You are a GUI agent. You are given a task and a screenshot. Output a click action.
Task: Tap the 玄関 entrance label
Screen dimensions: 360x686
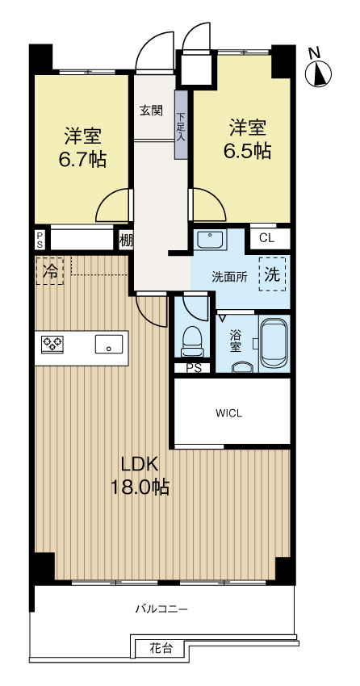click(x=151, y=111)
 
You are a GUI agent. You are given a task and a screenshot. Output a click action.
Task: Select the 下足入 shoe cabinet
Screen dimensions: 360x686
click(x=182, y=124)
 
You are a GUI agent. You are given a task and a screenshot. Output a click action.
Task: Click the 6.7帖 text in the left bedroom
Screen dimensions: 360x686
click(x=82, y=160)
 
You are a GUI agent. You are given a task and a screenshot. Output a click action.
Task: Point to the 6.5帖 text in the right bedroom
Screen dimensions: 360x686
click(x=247, y=151)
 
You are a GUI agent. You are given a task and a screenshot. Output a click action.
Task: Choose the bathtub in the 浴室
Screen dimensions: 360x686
click(x=274, y=342)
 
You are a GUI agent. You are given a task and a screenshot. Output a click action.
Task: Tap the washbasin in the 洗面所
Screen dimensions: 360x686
click(x=211, y=240)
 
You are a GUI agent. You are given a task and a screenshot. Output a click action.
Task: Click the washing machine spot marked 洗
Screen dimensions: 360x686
click(x=272, y=274)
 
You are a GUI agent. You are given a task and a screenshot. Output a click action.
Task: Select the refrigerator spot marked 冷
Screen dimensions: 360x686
click(x=50, y=271)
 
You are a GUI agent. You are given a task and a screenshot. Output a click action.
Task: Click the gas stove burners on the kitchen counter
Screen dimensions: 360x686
click(x=52, y=344)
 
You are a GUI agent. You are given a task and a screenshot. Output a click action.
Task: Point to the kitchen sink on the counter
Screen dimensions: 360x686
click(x=109, y=344)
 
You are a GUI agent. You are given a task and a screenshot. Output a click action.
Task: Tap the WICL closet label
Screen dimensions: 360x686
click(x=228, y=412)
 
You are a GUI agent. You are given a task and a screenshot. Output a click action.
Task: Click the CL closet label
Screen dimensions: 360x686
click(x=266, y=238)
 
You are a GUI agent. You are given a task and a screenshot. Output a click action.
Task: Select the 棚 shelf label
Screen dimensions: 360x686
click(x=126, y=241)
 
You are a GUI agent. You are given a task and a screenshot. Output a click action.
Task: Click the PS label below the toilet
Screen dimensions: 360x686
click(x=192, y=368)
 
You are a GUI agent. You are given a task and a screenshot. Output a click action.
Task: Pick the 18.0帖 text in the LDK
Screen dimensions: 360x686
click(x=140, y=487)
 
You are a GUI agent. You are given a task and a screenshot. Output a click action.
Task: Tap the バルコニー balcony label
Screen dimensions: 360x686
click(x=161, y=609)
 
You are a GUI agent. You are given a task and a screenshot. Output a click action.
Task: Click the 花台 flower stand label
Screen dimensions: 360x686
click(x=161, y=648)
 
